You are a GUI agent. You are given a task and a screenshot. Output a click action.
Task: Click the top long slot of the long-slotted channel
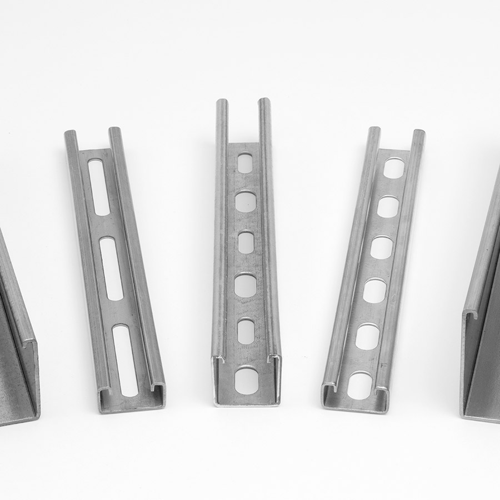point(99,187)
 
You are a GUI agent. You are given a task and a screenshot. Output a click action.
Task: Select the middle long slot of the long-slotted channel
point(112,268)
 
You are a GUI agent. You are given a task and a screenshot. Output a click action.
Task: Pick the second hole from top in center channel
point(245,201)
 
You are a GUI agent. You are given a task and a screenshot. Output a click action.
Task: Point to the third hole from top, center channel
point(246,242)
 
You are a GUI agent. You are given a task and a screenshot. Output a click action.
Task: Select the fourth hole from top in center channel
point(246,285)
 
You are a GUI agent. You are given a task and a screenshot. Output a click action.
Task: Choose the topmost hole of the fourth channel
point(394,168)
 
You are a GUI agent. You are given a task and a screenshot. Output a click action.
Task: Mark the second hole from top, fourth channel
point(388,207)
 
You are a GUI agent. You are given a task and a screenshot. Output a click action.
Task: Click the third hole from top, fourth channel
point(381,247)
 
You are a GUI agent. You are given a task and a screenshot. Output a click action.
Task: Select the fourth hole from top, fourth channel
point(374,291)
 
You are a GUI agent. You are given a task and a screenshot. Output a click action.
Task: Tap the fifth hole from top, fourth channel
point(367,337)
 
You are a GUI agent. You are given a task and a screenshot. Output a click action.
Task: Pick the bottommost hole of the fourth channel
point(360,385)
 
